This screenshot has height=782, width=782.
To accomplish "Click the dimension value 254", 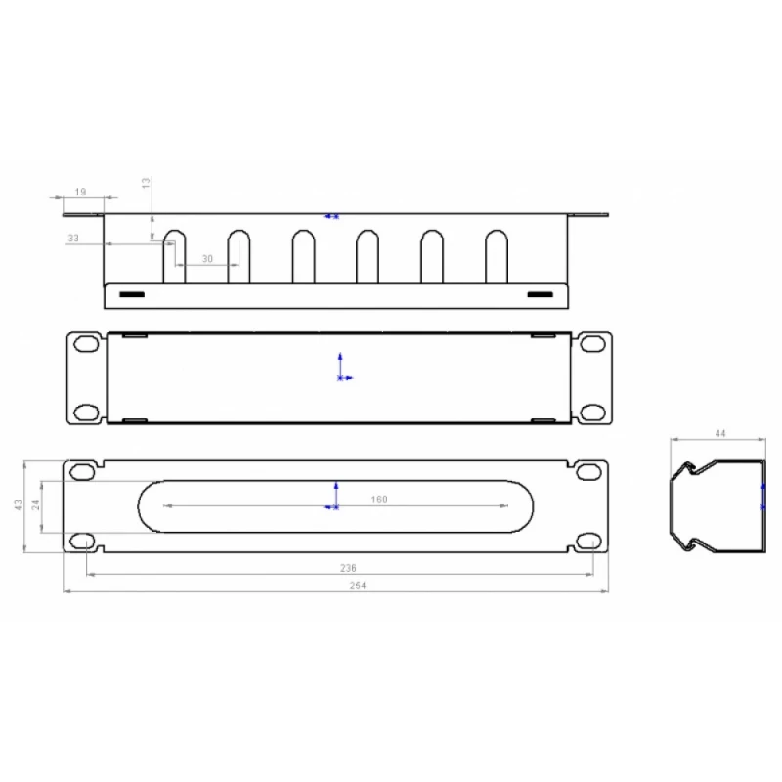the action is [358, 586].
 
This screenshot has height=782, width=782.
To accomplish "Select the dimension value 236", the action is [348, 568].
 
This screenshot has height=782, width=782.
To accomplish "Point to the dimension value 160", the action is [379, 500].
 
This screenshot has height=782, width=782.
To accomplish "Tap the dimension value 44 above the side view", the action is [720, 433].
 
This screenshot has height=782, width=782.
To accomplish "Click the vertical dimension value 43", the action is [19, 504].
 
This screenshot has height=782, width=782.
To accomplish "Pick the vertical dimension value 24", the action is [36, 504].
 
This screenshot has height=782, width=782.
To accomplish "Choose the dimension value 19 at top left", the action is [80, 192].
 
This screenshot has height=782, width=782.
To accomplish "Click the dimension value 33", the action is [73, 238].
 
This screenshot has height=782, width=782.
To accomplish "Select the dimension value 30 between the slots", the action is [207, 258].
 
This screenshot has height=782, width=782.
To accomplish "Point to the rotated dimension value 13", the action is [146, 183].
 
